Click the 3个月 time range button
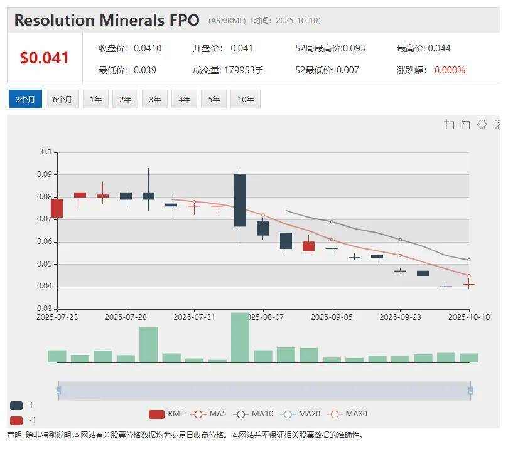25,99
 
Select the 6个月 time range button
62,99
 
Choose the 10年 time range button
246,99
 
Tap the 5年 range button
214,99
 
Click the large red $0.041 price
45,58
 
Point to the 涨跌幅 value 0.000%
450,70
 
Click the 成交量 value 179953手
244,70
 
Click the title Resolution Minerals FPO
107,20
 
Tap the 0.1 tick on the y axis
46,152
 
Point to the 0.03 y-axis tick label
43,309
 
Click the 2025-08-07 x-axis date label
264,317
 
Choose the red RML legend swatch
157,414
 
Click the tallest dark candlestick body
240,200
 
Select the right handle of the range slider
470,391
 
